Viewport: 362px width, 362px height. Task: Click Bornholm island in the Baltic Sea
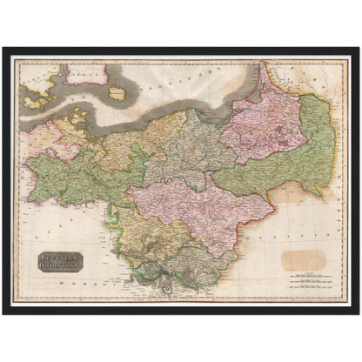(118, 92)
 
